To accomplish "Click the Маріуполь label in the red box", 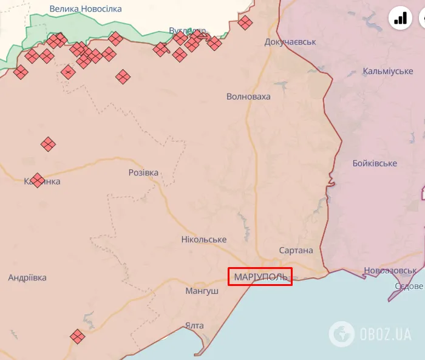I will tap(260, 277).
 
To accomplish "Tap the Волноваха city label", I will tap(248, 97).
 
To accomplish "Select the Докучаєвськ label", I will tap(290, 42).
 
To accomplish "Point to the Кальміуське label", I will tap(388, 72).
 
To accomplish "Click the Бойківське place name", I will tap(375, 163).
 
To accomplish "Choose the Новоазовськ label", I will tap(390, 270).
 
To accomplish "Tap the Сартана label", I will tap(296, 250).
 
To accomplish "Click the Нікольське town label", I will tap(204, 239).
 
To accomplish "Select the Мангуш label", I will tap(202, 291).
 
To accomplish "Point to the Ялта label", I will tap(194, 325).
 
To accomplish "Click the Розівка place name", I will tap(143, 172).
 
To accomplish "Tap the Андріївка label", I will tap(27, 277).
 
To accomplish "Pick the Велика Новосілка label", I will tap(86, 9).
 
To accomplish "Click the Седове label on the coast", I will tap(409, 286).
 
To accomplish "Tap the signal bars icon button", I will tap(401, 18).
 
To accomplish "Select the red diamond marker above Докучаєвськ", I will tap(245, 23).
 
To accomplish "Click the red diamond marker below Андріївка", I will tap(77, 336).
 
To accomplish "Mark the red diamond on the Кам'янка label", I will tap(37, 180).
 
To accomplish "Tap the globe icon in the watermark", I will tap(342, 333).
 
